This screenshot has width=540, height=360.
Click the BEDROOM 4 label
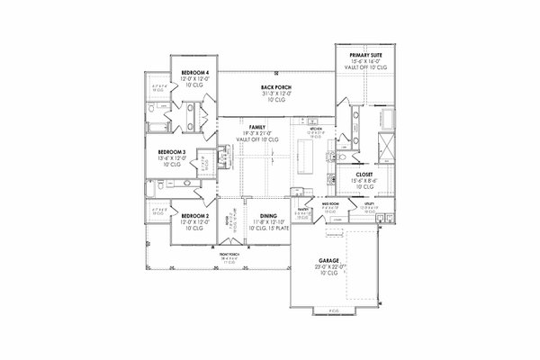coord(194,71)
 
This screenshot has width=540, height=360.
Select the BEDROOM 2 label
coord(194,216)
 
